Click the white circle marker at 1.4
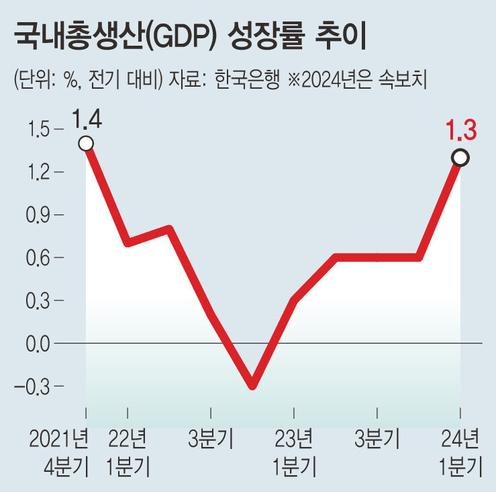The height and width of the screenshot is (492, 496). (x=86, y=143)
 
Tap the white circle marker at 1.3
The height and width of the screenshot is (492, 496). (x=460, y=158)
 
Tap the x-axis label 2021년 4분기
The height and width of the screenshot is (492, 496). (x=59, y=452)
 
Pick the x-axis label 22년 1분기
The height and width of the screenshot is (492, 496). (x=128, y=452)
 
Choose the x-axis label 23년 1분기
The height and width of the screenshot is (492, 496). (x=294, y=452)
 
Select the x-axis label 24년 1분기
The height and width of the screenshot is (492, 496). (x=460, y=452)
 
